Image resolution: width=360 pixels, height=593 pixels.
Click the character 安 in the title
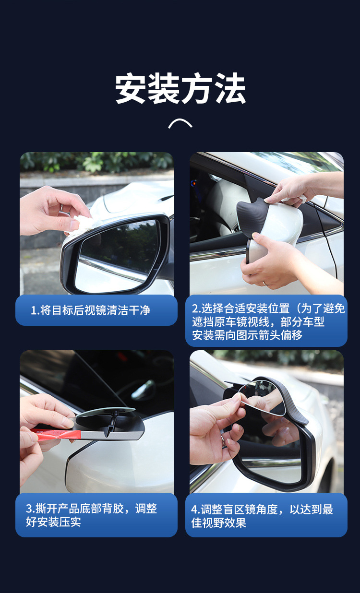coord(131,88)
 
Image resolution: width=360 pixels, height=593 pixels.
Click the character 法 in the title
coord(230,88)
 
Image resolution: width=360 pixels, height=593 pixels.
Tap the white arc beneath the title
coord(180,123)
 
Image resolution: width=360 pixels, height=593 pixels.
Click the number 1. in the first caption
coord(35,310)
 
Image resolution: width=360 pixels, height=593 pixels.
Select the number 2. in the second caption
coord(196,308)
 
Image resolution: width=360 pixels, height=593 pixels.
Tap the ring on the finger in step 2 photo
coord(265,283)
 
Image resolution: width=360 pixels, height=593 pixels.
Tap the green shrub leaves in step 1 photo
coord(96,162)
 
